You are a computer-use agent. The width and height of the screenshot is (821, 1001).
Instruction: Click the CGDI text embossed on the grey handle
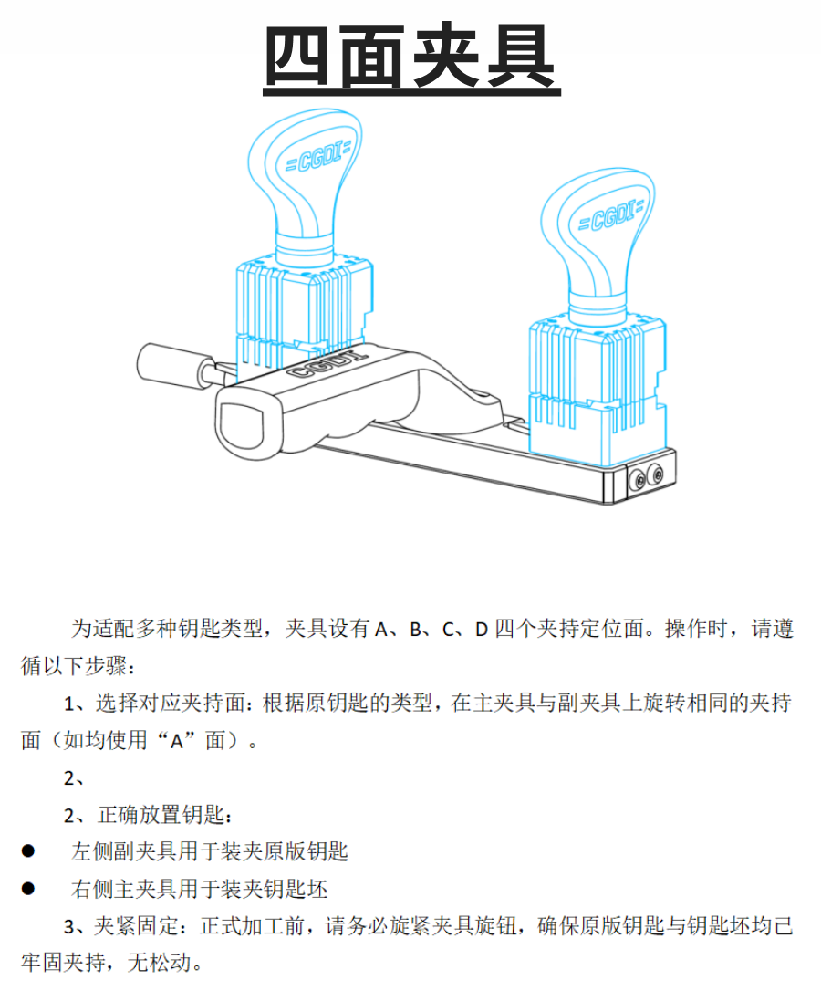[x=327, y=364]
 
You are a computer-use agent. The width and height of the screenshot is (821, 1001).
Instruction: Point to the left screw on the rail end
[x=637, y=479]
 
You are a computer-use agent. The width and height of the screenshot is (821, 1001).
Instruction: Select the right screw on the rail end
[x=655, y=474]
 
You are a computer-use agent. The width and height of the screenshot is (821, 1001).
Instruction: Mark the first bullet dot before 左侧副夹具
[x=28, y=850]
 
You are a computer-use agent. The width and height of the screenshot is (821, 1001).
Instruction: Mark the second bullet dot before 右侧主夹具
[x=28, y=888]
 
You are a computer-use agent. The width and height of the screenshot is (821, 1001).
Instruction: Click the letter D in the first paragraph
[x=482, y=630]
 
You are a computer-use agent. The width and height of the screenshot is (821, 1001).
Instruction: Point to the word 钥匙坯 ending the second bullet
[x=296, y=889]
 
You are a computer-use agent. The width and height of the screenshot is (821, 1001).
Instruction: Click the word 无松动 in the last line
[x=160, y=962]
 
